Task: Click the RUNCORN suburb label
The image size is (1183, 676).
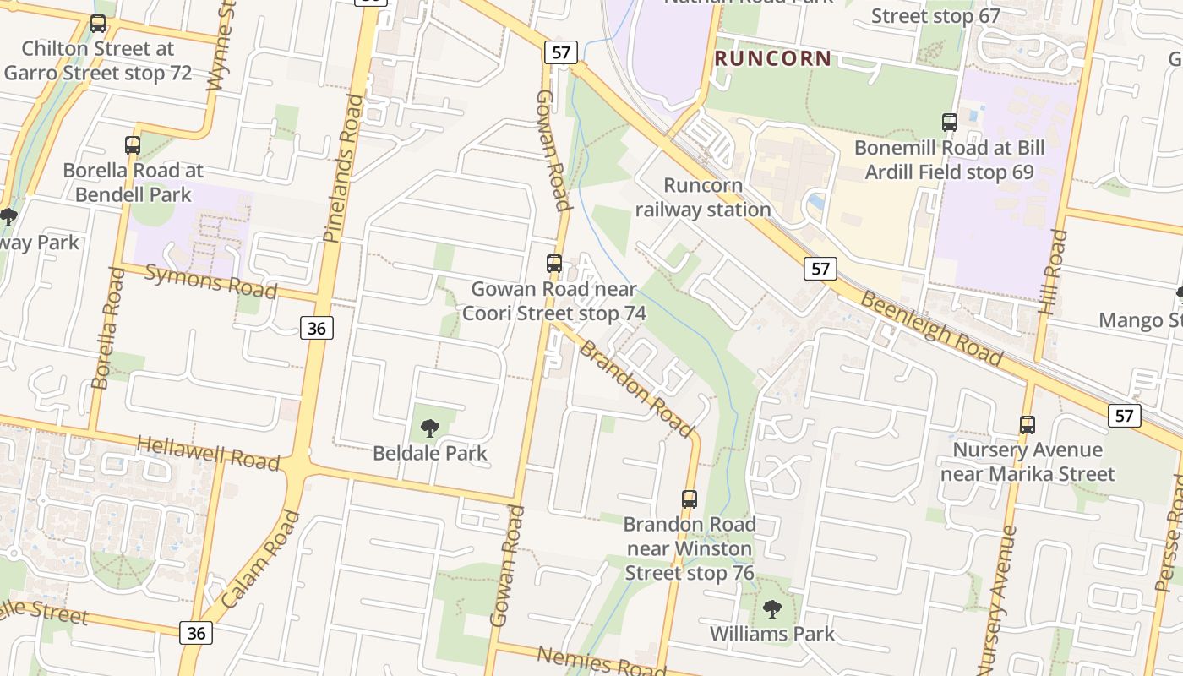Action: click(772, 58)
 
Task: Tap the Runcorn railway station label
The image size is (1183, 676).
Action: click(703, 197)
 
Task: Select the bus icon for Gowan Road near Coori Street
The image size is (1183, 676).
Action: click(554, 264)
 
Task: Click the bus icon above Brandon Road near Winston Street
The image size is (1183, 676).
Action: click(690, 499)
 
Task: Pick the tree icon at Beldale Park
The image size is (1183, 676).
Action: click(430, 428)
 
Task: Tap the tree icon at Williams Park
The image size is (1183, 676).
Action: click(771, 609)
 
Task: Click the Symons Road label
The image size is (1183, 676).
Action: click(211, 281)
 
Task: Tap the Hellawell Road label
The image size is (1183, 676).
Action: click(208, 453)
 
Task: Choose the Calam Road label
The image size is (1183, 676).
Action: click(261, 559)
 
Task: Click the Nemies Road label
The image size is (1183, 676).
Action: click(601, 661)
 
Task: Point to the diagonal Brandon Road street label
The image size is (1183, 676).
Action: click(635, 390)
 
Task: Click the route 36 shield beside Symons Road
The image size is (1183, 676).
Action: click(317, 327)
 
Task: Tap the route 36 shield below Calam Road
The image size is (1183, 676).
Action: click(196, 632)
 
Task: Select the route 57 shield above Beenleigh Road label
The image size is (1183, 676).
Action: click(820, 269)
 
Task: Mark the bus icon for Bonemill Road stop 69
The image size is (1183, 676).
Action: click(950, 123)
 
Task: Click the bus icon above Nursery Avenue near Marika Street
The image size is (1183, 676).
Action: click(1028, 424)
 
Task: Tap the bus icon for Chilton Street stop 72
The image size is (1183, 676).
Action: click(98, 24)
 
